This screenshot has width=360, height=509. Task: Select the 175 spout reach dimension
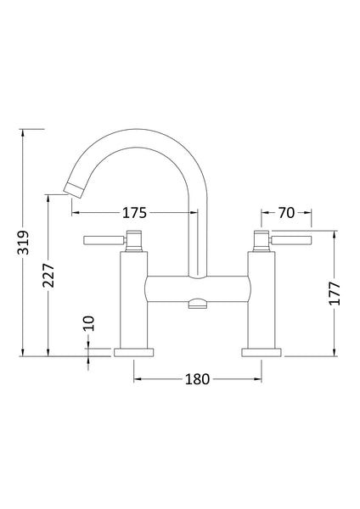click(136, 212)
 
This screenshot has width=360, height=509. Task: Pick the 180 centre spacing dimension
click(196, 379)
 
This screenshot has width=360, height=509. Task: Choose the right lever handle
click(293, 241)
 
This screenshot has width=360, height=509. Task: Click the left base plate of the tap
click(134, 351)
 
